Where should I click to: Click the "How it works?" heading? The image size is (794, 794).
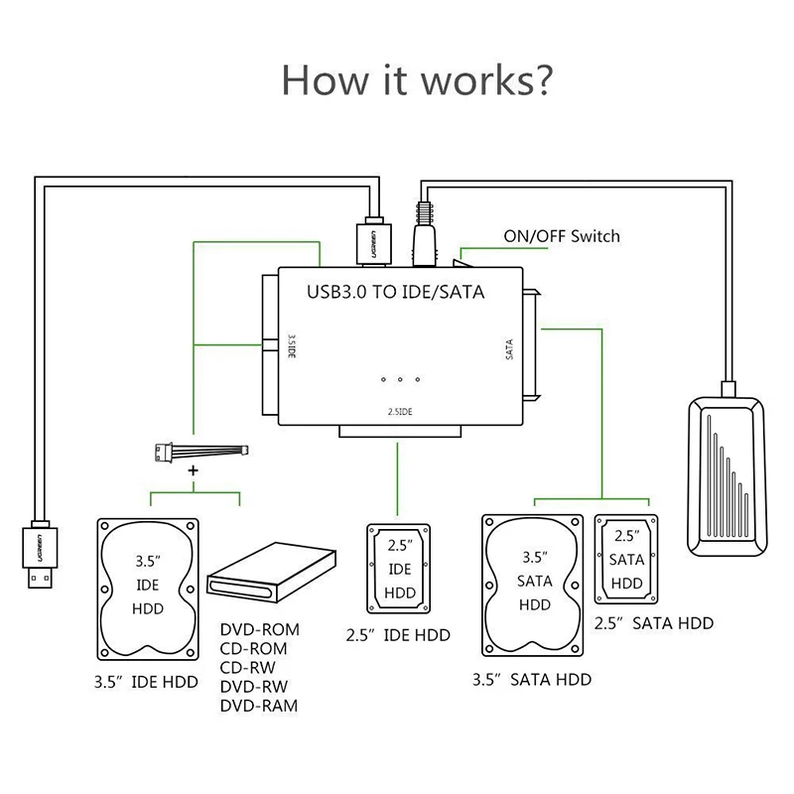416,80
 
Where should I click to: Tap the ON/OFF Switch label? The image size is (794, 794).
562,236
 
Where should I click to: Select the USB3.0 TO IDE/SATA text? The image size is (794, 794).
395,292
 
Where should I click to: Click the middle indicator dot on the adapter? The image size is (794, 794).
400,379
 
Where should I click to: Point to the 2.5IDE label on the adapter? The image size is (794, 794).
400,412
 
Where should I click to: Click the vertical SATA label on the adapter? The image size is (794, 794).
509,349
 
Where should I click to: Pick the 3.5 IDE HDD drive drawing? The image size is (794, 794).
148,590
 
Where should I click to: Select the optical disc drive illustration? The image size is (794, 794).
272,573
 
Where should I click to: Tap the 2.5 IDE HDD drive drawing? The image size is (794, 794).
399,569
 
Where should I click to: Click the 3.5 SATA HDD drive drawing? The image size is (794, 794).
533,586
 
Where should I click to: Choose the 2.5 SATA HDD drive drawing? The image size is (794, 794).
626,560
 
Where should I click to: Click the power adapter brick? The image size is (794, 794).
727,476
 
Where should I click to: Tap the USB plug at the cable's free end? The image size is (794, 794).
40,555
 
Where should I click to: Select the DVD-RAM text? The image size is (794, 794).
259,706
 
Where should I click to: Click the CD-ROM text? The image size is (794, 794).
253,649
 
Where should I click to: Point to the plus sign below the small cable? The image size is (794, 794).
193,470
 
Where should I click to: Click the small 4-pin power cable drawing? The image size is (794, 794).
201,452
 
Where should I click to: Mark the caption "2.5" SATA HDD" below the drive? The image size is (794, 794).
654,623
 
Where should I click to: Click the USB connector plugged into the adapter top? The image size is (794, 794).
374,241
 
